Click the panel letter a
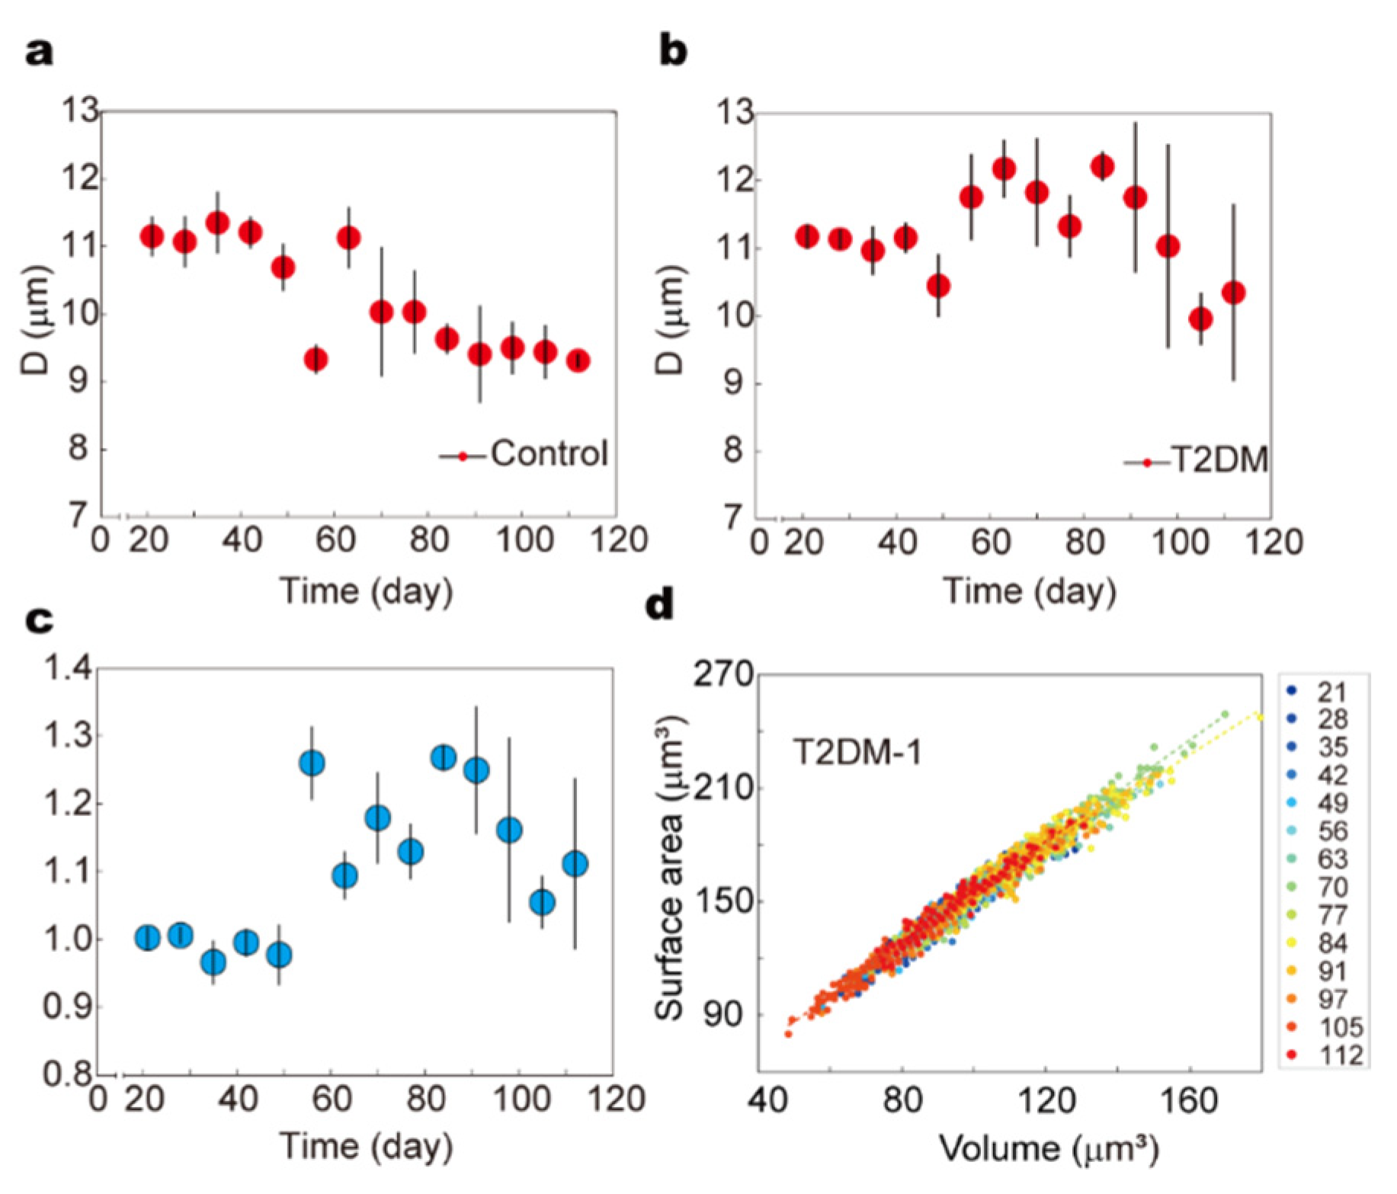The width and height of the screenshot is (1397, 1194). (x=40, y=53)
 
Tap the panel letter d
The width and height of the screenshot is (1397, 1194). (x=660, y=606)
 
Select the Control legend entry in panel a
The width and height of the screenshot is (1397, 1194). (x=548, y=454)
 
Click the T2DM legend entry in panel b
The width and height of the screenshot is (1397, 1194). (x=1218, y=460)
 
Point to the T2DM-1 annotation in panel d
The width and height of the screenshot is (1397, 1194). (x=857, y=753)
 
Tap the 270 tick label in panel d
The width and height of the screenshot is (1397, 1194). (x=723, y=674)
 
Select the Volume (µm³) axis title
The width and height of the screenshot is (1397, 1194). (x=1049, y=1148)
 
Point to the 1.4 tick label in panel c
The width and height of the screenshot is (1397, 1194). (x=69, y=668)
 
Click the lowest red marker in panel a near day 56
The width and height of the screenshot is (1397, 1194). (x=316, y=359)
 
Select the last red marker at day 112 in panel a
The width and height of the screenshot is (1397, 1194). (x=578, y=360)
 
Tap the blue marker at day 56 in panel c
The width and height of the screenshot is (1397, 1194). (x=312, y=763)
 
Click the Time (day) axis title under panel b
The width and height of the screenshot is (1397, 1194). (x=1030, y=591)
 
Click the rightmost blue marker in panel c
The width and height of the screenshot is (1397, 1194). (x=575, y=864)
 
